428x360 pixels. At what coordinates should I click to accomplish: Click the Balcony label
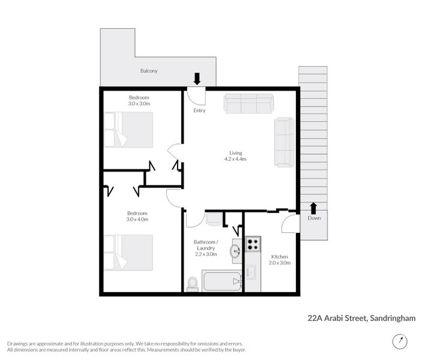[149, 71]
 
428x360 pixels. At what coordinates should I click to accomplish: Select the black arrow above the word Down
[313, 208]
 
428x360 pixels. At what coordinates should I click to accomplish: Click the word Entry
[199, 110]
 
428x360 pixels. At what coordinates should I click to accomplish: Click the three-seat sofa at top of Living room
[248, 103]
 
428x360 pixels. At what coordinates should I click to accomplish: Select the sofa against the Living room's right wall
[284, 142]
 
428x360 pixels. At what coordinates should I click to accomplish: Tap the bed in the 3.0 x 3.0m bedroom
[128, 130]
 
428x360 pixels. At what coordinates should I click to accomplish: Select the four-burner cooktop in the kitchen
[252, 244]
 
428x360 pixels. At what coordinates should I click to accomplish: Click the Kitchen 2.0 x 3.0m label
[280, 259]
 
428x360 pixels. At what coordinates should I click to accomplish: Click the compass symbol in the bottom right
[399, 341]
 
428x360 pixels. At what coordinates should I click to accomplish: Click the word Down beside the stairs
[314, 218]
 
